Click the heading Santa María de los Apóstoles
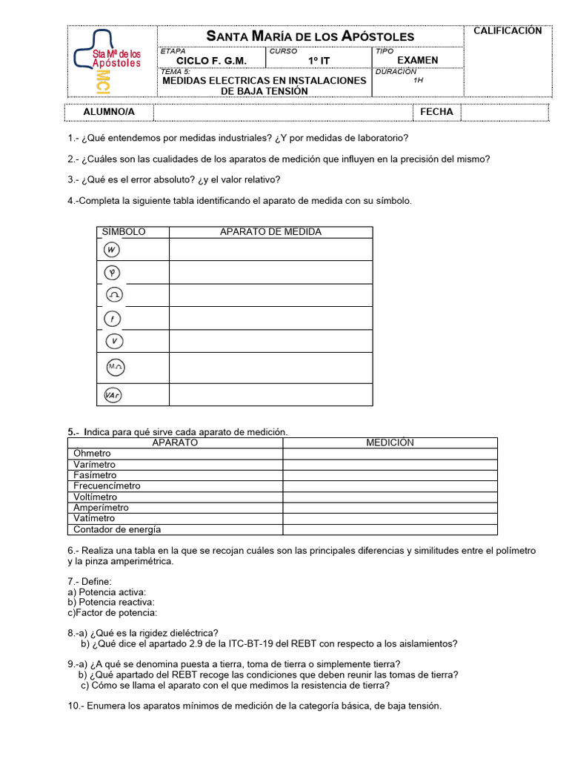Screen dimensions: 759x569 click(x=310, y=36)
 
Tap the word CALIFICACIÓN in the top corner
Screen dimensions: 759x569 click(x=508, y=31)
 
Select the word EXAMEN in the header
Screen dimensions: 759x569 click(x=418, y=60)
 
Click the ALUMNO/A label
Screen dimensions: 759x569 click(x=109, y=112)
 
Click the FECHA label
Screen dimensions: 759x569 click(x=436, y=112)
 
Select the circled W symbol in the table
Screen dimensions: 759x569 click(x=112, y=250)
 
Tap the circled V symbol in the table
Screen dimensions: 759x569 click(x=113, y=342)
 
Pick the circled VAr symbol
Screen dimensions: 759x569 click(x=113, y=395)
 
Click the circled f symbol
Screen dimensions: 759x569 click(x=112, y=319)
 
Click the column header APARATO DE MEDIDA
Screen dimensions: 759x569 click(x=270, y=232)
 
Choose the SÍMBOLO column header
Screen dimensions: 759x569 click(x=124, y=232)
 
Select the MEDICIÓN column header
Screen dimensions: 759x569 click(x=390, y=443)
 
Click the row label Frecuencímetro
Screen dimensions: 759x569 click(x=107, y=486)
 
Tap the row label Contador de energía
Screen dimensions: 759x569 click(x=117, y=530)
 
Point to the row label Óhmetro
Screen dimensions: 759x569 click(x=92, y=454)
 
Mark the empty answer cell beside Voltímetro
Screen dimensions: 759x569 click(x=390, y=497)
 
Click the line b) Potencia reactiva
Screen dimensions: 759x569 click(x=111, y=603)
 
